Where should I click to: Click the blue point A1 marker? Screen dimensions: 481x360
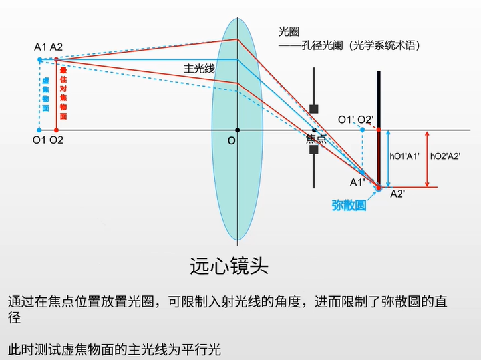39,59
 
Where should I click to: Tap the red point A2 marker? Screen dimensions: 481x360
56,59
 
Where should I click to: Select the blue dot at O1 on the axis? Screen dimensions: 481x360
39,130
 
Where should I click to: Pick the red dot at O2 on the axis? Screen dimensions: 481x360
56,130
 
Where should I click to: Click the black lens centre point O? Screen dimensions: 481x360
237,130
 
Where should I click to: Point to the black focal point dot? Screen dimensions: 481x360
314,130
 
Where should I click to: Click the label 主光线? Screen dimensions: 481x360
199,69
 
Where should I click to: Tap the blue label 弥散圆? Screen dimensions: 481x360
349,206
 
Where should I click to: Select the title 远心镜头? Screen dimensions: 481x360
229,266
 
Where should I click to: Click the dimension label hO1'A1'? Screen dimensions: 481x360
404,156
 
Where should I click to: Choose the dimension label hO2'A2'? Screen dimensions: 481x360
446,156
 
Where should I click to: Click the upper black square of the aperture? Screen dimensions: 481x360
314,109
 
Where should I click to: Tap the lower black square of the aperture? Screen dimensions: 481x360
314,150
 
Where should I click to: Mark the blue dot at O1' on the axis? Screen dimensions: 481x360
363,130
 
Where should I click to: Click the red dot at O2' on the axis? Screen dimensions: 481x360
379,130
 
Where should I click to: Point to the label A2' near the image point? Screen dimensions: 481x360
398,194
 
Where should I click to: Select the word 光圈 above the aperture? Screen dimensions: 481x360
289,32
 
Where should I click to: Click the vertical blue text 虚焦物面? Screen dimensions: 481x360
45,94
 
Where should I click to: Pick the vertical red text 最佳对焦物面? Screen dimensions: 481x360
63,93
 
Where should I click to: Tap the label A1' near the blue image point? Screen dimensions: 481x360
357,182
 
